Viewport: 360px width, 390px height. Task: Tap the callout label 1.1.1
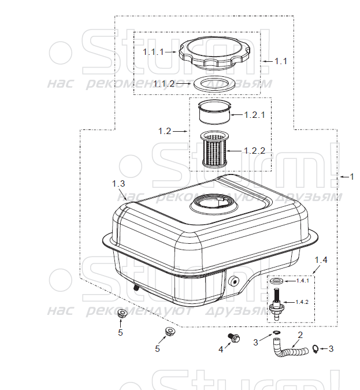(x=153, y=51)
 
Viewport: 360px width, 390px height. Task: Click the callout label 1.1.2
(x=164, y=83)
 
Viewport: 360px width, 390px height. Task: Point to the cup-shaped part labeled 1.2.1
(x=214, y=112)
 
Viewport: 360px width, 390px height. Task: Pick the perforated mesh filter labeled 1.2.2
(x=214, y=148)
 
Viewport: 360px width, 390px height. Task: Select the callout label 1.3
(x=118, y=183)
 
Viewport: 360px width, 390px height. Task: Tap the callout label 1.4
(x=321, y=261)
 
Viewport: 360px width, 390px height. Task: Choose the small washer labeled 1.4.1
(x=276, y=281)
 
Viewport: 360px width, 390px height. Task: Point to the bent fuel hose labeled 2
(x=287, y=350)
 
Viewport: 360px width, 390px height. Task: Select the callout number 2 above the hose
(x=300, y=335)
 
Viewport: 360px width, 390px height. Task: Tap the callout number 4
(x=220, y=349)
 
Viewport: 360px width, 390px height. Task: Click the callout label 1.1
(x=280, y=60)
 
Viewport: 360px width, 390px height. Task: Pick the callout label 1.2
(x=164, y=131)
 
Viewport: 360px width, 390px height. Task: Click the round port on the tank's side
(x=235, y=281)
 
